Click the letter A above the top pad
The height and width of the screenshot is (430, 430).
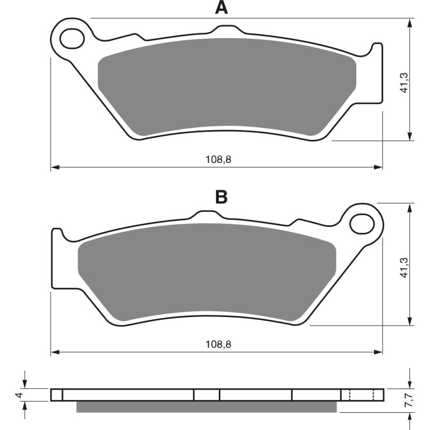(220, 8)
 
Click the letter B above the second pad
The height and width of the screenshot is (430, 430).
(221, 197)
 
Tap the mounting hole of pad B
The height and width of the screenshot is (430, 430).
(361, 223)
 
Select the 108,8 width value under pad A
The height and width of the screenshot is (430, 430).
(214, 159)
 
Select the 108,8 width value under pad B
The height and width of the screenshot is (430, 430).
(214, 344)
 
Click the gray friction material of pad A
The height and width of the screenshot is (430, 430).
(226, 86)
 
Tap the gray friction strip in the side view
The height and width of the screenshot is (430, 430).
(207, 407)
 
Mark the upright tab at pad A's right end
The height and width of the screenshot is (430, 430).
(378, 70)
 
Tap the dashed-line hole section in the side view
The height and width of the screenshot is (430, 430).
(362, 395)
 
